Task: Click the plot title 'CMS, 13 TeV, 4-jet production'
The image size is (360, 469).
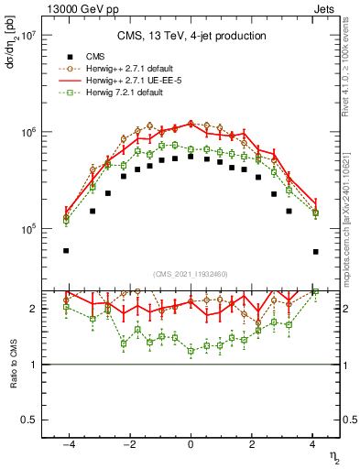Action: pos(191,36)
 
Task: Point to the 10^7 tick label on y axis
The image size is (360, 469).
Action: pos(27,36)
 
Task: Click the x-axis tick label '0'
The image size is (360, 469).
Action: pos(191,444)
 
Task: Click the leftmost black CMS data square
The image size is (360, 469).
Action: pos(66,251)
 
